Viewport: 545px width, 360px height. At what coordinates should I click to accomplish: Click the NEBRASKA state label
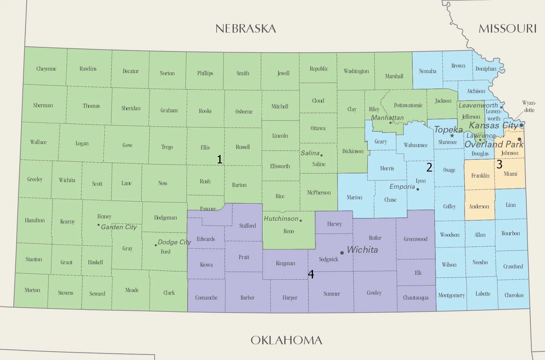click(x=246, y=29)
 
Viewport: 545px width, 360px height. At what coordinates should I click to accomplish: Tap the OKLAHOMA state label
click(x=286, y=340)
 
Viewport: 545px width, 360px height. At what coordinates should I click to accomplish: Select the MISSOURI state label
click(x=508, y=29)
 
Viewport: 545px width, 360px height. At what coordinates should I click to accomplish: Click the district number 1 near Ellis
click(x=220, y=159)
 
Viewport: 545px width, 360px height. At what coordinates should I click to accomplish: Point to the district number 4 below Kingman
click(x=311, y=274)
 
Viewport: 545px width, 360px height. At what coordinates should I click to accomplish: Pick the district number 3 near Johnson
click(x=499, y=164)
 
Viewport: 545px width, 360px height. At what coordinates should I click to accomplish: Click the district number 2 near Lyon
click(x=429, y=167)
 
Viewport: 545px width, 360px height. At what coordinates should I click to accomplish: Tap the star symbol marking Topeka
click(x=452, y=136)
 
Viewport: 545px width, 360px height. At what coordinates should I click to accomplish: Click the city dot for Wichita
click(x=342, y=253)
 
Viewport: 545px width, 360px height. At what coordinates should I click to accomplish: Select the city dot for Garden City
click(x=98, y=225)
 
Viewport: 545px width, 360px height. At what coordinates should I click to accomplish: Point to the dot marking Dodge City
click(x=156, y=245)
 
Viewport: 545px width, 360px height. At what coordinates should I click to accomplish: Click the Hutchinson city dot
click(x=301, y=220)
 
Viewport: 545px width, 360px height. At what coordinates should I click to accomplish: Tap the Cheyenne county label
click(x=46, y=69)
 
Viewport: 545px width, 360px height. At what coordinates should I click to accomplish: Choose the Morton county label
click(x=32, y=290)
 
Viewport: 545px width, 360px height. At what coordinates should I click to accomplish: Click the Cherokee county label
click(x=514, y=295)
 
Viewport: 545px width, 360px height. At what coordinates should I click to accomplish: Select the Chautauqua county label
click(x=416, y=298)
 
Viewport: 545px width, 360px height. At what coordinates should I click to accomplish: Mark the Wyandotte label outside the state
click(x=529, y=107)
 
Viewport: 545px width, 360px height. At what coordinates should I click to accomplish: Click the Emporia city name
click(x=402, y=187)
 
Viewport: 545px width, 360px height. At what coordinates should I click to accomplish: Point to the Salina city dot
click(x=321, y=155)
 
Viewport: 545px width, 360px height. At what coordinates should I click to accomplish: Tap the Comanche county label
click(x=206, y=298)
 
